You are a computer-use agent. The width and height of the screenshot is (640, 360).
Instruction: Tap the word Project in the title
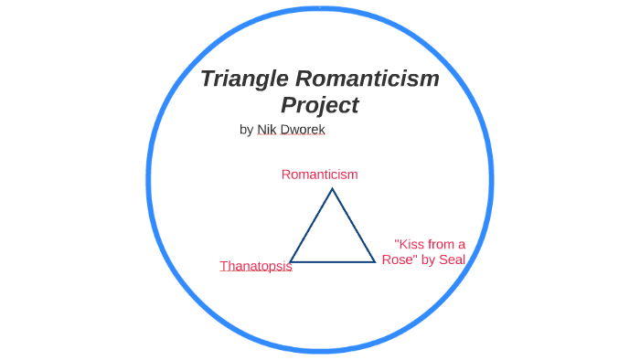coord(319,106)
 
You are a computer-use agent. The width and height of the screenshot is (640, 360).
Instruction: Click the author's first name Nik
coord(266,130)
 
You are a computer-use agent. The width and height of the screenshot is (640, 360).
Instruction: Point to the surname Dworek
coord(303,130)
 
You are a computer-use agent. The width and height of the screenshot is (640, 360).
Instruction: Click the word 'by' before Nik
coord(246,130)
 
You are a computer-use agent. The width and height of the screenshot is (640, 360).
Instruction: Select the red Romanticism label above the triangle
coord(319,174)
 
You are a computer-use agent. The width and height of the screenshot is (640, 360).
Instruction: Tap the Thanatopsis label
coord(256,266)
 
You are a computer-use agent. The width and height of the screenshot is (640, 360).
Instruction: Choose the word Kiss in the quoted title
coord(411,244)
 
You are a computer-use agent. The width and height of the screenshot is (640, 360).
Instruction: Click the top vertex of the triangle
coord(332,189)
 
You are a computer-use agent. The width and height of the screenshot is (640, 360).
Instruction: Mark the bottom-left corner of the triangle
coord(291,262)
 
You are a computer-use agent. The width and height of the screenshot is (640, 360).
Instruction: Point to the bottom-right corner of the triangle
coord(375,262)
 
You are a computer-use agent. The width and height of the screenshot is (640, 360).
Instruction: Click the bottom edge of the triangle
coord(333,262)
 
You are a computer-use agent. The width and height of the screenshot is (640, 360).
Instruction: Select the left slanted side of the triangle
coord(311,226)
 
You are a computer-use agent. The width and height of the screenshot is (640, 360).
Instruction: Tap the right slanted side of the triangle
coord(354,226)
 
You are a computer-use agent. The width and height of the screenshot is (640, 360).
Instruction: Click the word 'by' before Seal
coord(427,259)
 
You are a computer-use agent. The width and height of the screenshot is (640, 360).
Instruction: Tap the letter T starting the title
coord(208,79)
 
